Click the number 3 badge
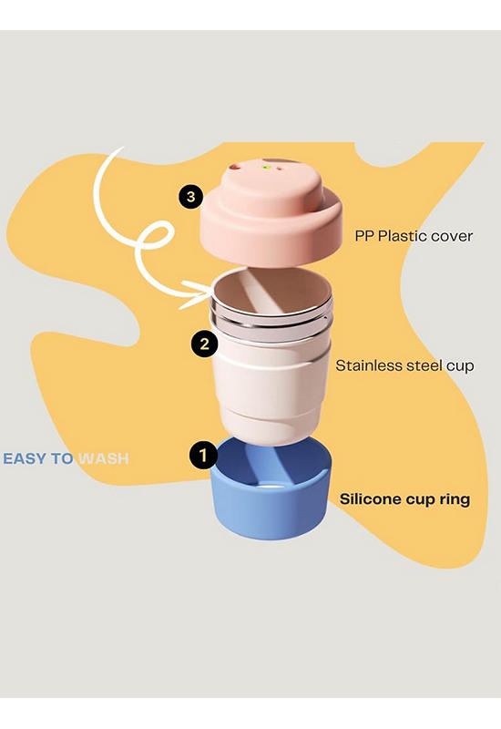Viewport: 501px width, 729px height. click(x=191, y=197)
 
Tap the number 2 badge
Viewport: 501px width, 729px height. click(x=204, y=344)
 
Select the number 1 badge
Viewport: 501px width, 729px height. click(x=202, y=455)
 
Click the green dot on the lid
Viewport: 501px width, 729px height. click(x=266, y=167)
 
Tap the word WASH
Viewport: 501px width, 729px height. click(x=103, y=459)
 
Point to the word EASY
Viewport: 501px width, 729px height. click(x=26, y=459)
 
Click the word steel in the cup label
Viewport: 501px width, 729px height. click(x=422, y=365)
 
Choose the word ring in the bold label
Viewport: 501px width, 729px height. click(x=455, y=499)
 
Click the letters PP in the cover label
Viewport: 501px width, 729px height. click(x=364, y=236)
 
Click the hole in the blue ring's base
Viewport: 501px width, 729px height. click(x=270, y=487)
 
